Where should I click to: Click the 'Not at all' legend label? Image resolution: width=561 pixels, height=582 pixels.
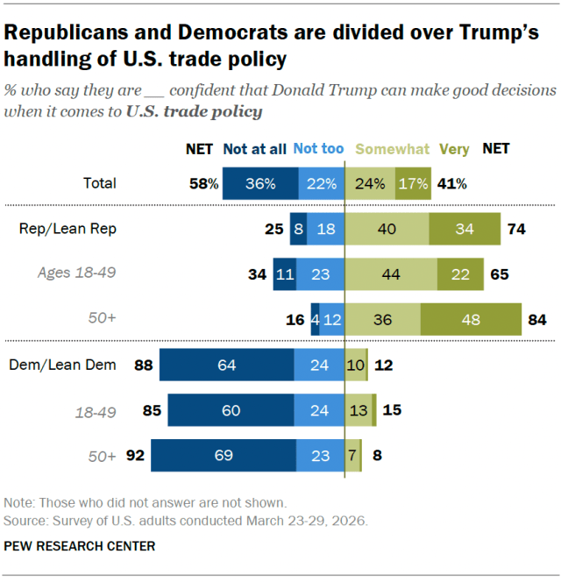click(254, 149)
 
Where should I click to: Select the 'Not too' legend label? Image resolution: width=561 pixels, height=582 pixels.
click(318, 149)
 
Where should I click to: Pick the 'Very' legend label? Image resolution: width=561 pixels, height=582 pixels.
click(454, 149)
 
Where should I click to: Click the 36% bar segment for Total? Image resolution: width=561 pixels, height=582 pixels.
click(260, 184)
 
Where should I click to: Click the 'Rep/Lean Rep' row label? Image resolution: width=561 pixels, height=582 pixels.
click(81, 230)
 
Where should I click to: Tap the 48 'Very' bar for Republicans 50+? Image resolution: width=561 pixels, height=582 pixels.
click(471, 319)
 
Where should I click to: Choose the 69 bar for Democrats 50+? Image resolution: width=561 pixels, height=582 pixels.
click(223, 456)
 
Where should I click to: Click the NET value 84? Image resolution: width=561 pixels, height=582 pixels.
click(536, 319)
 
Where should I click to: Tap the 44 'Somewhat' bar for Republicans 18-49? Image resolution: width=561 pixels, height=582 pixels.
click(391, 273)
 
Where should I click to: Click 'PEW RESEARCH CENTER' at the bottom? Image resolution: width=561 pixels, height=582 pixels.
click(80, 546)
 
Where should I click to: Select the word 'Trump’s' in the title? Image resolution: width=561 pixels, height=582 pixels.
click(487, 33)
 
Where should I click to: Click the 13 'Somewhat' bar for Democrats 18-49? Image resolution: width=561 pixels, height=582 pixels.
click(358, 410)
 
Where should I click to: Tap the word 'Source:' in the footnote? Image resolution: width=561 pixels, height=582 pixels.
click(26, 520)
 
